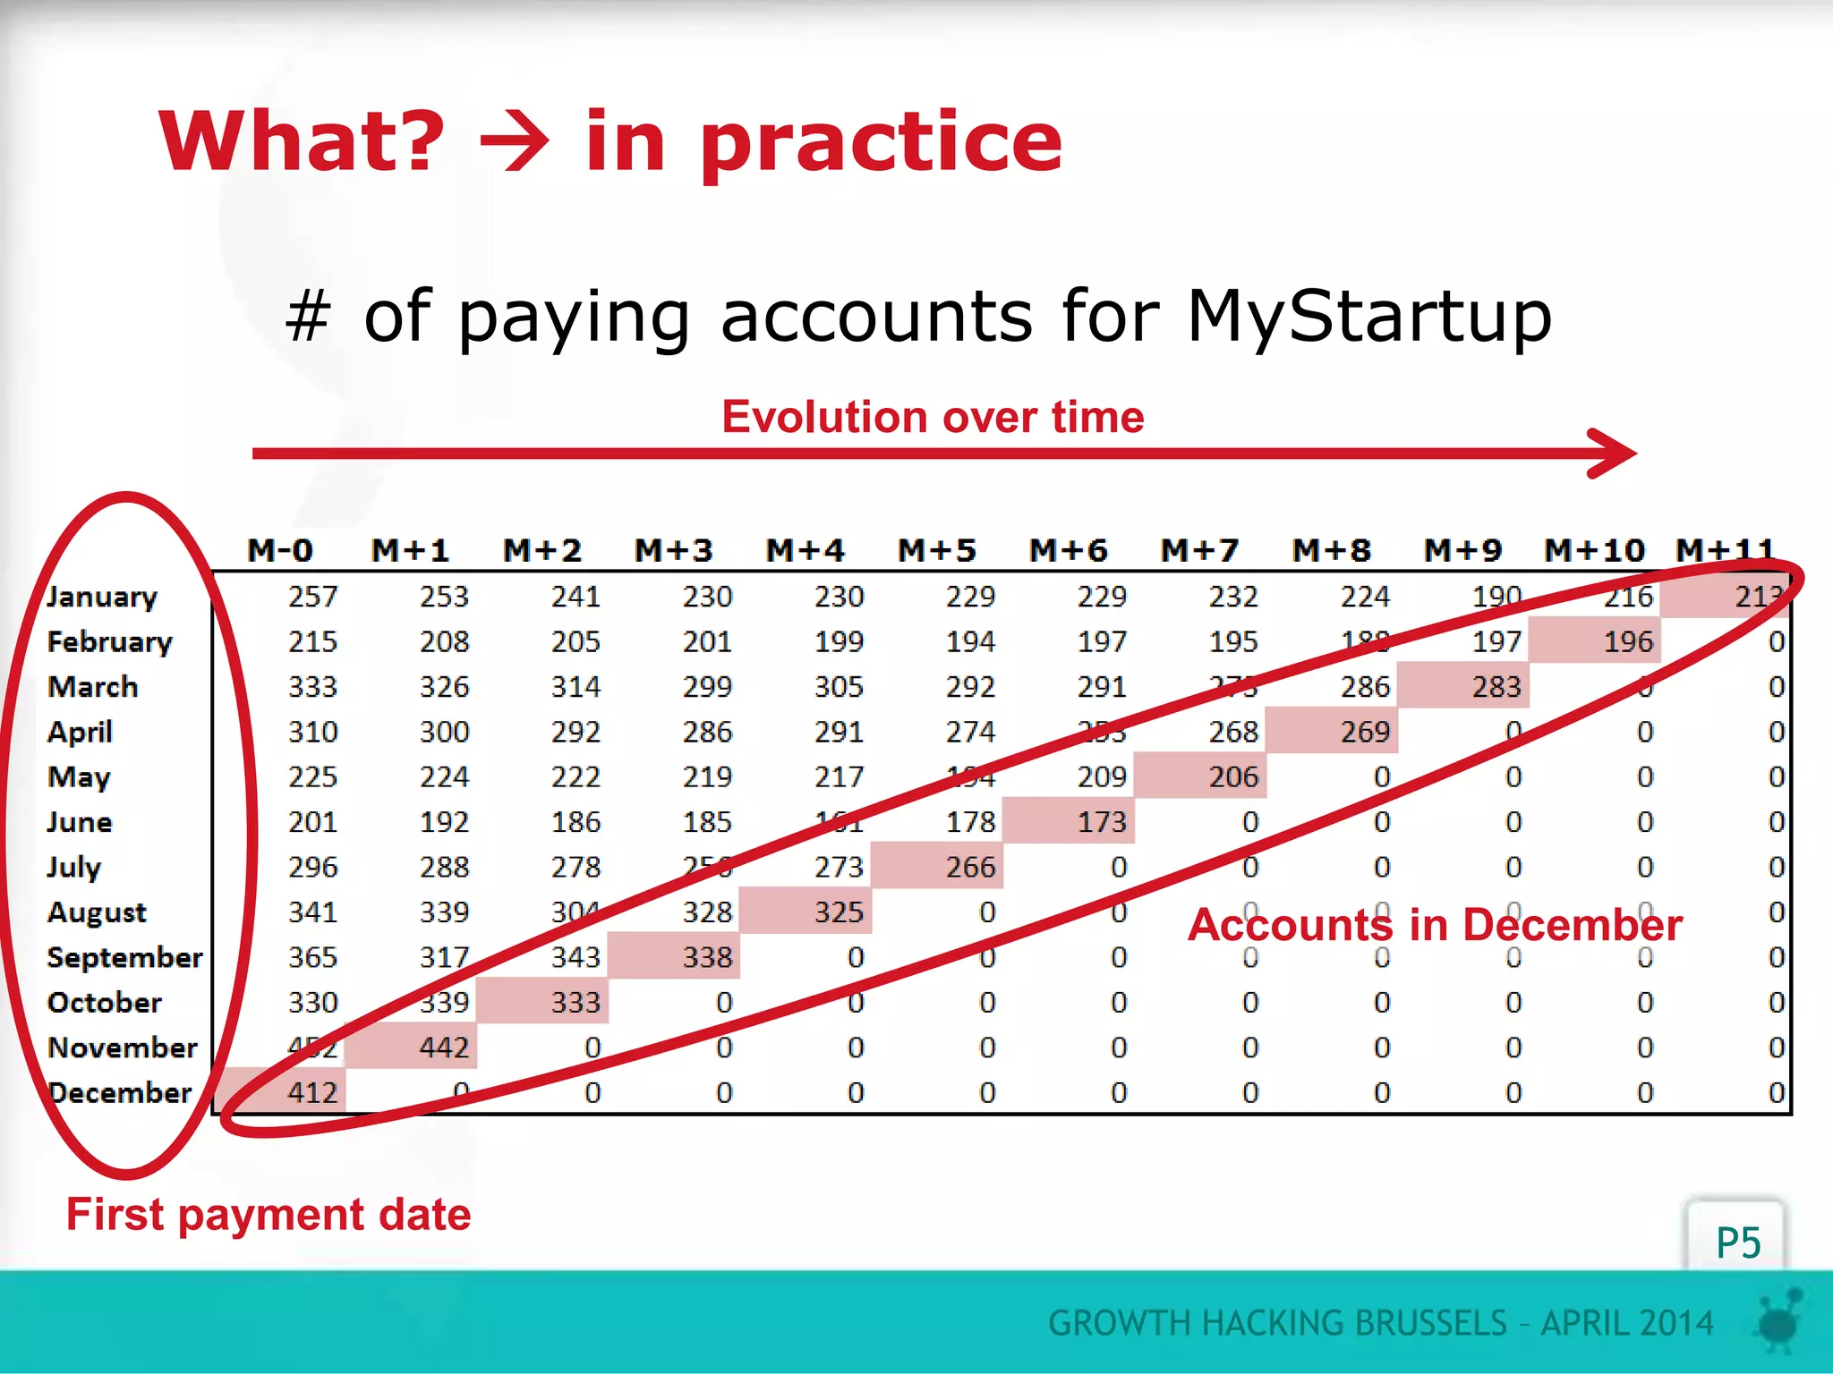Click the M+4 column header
pos(805,550)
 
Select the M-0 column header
pos(280,550)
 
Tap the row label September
pos(124,957)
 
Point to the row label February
pos(109,641)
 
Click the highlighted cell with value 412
pos(311,1092)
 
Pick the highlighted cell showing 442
pos(443,1047)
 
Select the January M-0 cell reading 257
pos(312,597)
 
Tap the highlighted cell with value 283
pos(1496,686)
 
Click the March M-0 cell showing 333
pos(312,686)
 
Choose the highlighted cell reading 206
pos(1232,776)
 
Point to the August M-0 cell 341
pos(312,912)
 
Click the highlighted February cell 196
pos(1627,641)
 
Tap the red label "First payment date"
pos(269,1215)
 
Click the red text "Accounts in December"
pos(1435,925)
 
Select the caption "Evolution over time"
pos(933,417)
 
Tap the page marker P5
pos(1737,1243)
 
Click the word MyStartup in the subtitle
pos(1368,317)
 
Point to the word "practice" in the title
pos(881,142)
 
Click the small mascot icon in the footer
pos(1780,1322)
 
